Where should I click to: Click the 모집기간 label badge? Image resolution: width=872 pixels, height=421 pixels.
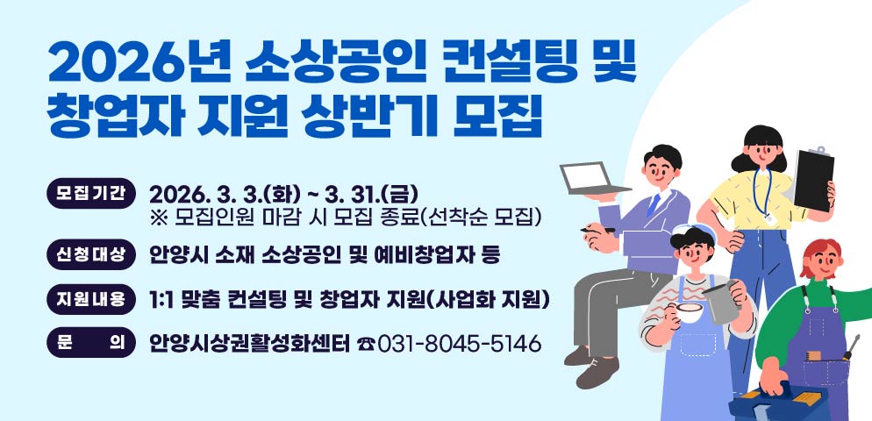[90, 191]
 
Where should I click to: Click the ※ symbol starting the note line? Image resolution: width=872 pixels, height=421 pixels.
[158, 215]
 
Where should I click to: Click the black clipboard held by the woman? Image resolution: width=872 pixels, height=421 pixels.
[813, 179]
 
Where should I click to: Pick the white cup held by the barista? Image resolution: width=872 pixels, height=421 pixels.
[690, 310]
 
